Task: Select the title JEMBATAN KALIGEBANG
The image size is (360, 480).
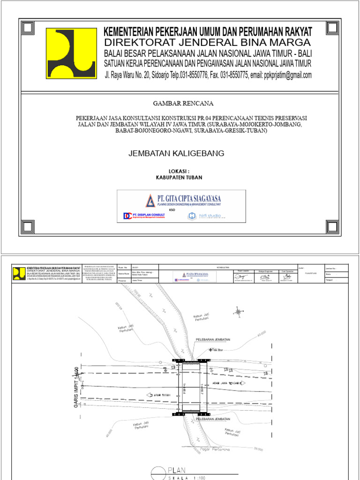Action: pos(176,153)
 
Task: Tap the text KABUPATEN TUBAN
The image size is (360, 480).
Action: pos(179,178)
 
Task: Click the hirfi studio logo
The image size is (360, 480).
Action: pos(206,216)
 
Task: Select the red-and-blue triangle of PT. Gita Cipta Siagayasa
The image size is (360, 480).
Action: pos(150,201)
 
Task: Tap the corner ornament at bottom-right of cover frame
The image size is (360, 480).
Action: pos(332,227)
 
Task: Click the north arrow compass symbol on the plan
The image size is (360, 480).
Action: pos(238,311)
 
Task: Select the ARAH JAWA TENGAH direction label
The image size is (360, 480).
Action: pos(227,383)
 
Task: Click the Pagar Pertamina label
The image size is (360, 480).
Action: pos(215,450)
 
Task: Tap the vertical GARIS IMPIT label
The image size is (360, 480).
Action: pos(75,388)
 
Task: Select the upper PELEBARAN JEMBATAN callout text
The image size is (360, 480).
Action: pos(212,339)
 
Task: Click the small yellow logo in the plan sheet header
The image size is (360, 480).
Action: pos(19,273)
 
